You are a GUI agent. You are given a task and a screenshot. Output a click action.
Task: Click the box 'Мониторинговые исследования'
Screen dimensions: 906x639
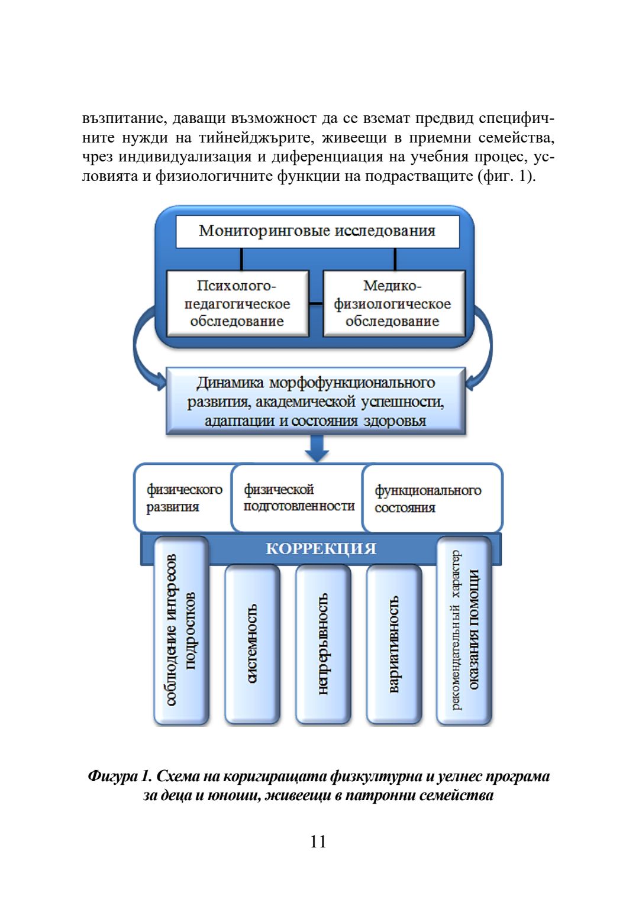point(317,231)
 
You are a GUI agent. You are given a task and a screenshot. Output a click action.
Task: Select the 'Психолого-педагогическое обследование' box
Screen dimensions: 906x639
point(237,303)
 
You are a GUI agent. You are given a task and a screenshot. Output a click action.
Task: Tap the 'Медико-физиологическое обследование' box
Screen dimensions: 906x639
point(393,303)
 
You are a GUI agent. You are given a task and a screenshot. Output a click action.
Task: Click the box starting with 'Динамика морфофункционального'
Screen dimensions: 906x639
point(316,402)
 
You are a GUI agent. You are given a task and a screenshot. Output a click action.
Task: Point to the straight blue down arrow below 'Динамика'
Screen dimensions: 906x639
point(317,448)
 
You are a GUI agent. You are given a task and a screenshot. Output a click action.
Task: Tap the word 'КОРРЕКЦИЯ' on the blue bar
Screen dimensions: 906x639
point(321,549)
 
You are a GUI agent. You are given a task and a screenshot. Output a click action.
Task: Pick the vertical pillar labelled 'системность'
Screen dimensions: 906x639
point(252,643)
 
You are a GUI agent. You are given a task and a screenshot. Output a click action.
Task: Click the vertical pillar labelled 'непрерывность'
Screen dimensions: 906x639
point(323,643)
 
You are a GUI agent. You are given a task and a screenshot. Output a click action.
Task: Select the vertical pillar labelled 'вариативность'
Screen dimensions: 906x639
point(394,643)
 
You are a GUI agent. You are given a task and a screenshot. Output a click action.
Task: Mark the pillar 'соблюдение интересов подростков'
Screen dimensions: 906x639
point(181,630)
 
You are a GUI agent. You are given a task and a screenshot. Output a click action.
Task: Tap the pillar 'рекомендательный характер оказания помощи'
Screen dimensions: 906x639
point(464,630)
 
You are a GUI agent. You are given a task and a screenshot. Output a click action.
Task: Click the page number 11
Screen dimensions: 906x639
point(318,842)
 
